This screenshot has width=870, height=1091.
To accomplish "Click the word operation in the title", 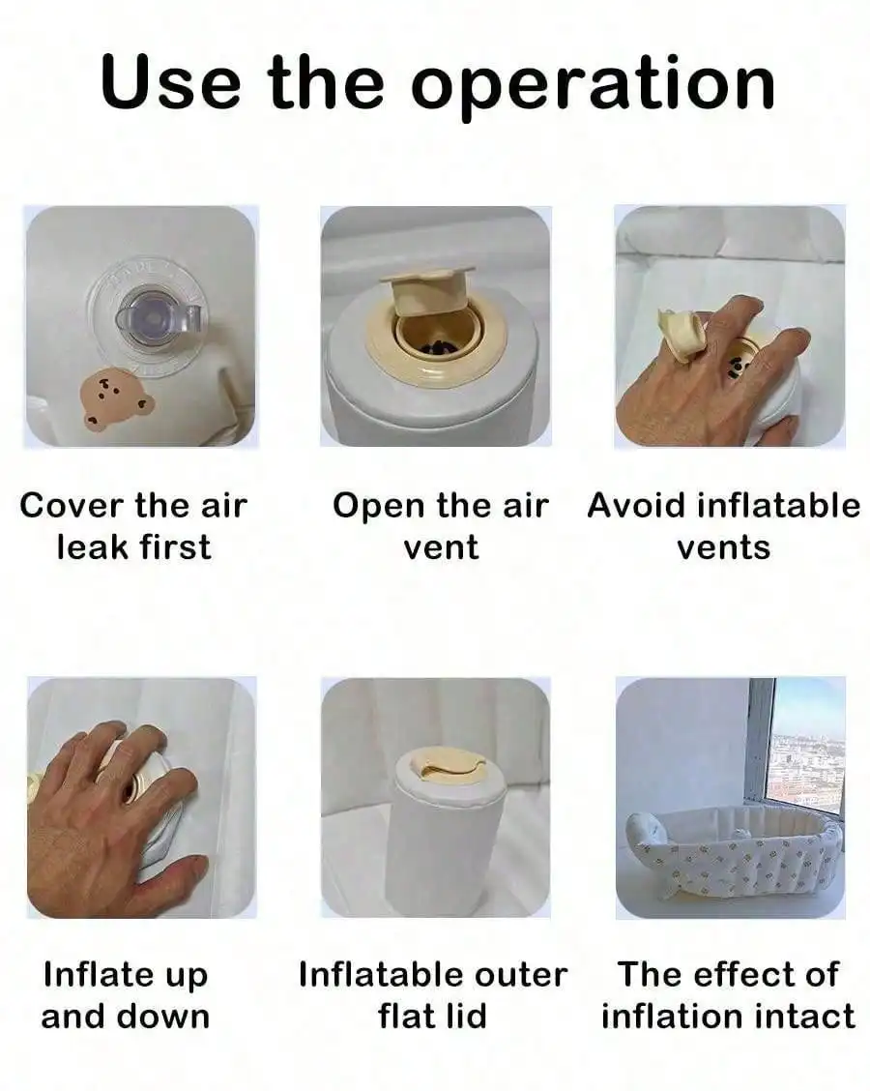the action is [x=593, y=83].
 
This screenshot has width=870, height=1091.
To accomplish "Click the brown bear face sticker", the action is [x=116, y=398].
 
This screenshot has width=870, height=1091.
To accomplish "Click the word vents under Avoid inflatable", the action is [x=724, y=548].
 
